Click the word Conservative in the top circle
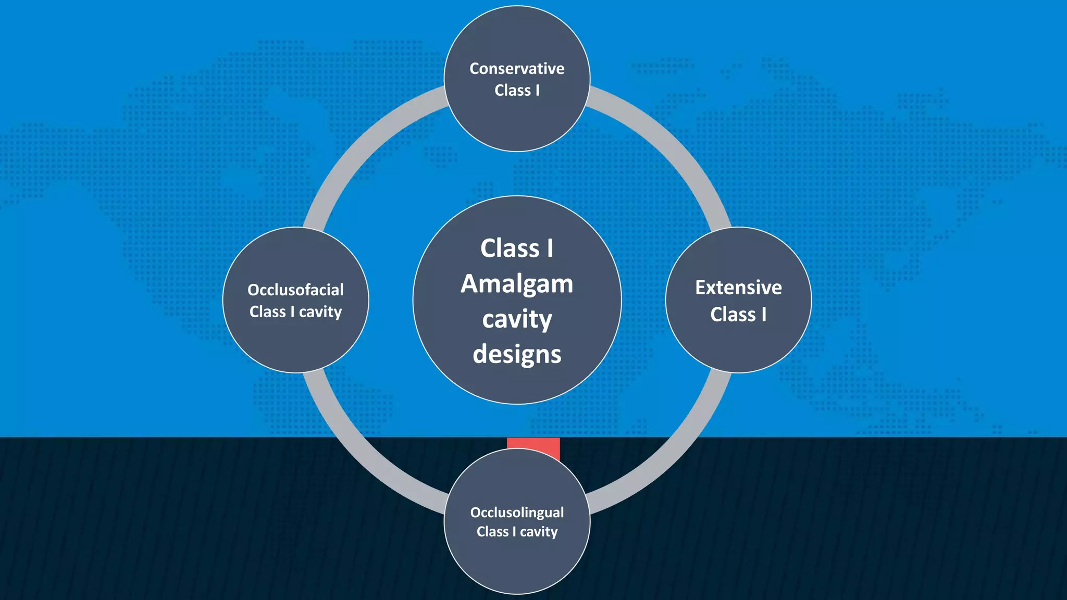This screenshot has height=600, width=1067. click(x=517, y=69)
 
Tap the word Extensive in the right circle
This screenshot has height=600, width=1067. click(x=738, y=287)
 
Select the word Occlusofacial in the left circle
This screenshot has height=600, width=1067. click(x=295, y=290)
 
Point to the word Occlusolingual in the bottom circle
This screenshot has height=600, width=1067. click(x=517, y=512)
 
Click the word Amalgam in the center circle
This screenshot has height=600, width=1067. click(x=517, y=284)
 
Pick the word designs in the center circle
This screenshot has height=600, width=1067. click(x=517, y=355)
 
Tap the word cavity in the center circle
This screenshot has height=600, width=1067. click(x=517, y=319)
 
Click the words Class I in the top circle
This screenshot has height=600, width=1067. click(x=517, y=91)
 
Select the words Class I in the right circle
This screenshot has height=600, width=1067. click(x=738, y=315)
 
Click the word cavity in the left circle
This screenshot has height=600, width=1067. click(x=320, y=312)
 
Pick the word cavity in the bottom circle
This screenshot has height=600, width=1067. click(x=539, y=532)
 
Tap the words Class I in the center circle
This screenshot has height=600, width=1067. click(x=517, y=248)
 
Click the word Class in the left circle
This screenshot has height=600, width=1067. click(x=268, y=311)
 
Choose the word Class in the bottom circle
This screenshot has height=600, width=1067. click(x=492, y=532)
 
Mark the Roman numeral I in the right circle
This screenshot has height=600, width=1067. click(x=764, y=315)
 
